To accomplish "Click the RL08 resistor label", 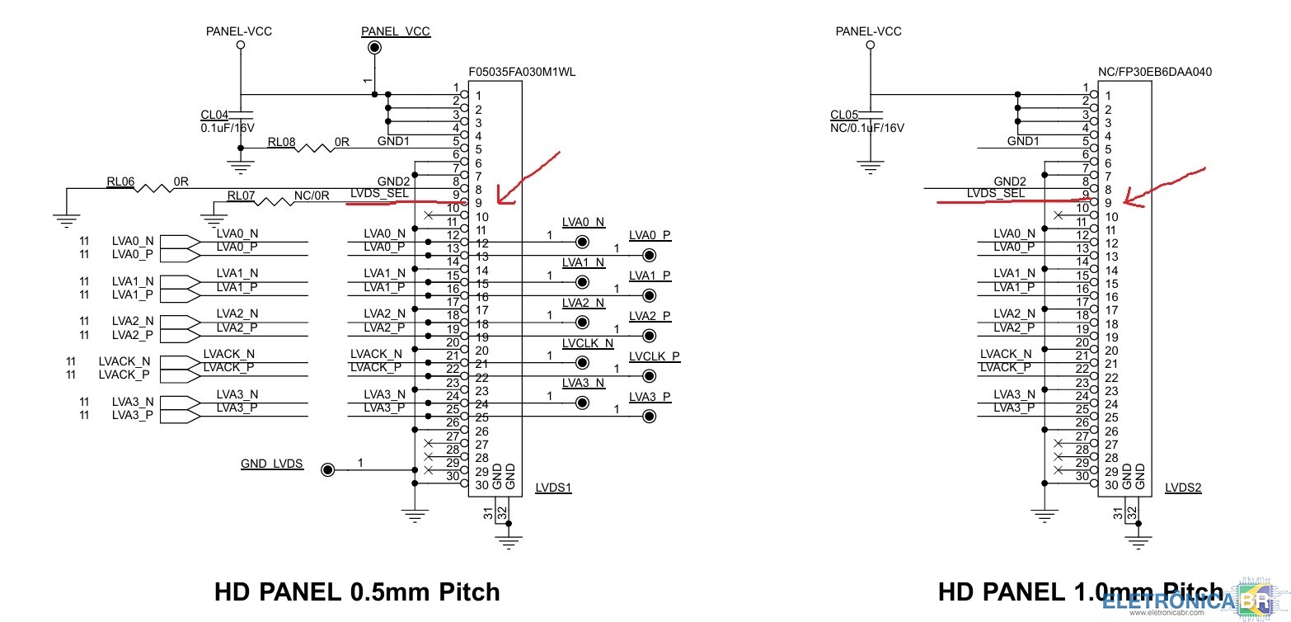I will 281,141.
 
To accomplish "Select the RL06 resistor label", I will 120,181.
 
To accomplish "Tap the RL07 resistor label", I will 242,196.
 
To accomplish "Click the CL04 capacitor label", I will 214,115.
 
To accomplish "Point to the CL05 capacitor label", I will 844,115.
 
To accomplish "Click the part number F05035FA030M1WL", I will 521,72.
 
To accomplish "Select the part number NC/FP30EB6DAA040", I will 1155,72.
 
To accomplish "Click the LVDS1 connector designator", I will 553,488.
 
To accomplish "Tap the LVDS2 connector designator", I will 1183,488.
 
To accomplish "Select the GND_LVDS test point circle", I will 328,470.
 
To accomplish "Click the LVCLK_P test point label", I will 654,356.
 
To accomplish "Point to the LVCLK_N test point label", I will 588,343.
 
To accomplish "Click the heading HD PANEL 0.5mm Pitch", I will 357,591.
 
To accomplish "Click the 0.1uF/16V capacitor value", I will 228,128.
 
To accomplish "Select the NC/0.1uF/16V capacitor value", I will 867,128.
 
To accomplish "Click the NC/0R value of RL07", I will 312,196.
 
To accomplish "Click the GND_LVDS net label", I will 272,464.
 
